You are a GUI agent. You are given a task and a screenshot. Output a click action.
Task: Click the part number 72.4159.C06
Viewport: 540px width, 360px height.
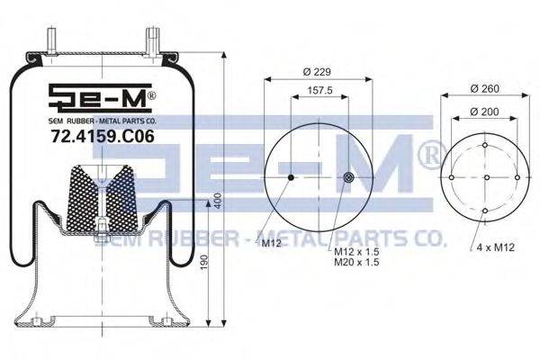click(103, 137)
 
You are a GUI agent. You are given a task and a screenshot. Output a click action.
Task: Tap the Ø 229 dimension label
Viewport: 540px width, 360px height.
click(317, 72)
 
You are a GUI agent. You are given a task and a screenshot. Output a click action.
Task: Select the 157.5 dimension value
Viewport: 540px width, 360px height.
click(319, 91)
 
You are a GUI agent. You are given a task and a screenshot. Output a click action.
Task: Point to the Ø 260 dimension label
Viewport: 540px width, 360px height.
click(484, 88)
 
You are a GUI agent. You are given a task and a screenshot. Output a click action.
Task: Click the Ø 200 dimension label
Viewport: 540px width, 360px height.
click(484, 112)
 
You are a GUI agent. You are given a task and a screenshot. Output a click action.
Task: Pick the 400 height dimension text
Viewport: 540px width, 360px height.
click(218, 201)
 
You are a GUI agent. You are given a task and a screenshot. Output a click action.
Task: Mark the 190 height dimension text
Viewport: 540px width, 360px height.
click(204, 263)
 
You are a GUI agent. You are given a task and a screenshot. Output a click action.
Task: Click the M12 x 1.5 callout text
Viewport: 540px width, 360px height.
click(356, 252)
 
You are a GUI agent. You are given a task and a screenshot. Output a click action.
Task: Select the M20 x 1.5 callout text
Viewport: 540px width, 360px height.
click(356, 262)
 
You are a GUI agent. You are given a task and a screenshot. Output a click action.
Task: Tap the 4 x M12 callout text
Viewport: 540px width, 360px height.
click(496, 247)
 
